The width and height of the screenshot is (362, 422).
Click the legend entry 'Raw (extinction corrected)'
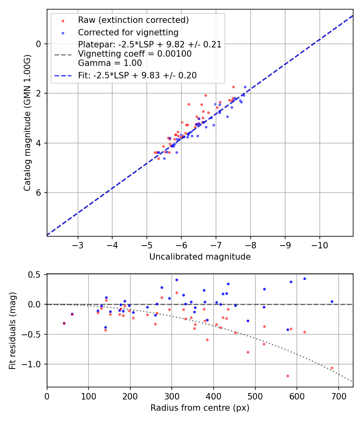(133, 20)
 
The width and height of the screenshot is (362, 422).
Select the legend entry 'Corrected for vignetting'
(128, 32)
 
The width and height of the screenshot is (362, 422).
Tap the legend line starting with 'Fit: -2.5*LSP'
(137, 76)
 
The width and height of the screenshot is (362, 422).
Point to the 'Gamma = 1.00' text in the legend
(110, 63)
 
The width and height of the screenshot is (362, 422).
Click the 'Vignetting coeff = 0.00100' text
(135, 54)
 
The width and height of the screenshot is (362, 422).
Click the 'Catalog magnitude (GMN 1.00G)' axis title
(27, 122)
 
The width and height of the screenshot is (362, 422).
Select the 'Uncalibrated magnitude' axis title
(200, 257)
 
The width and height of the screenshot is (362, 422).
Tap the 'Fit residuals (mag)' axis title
(12, 331)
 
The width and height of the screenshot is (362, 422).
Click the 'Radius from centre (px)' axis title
(200, 408)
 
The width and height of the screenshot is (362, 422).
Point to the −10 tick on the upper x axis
(320, 245)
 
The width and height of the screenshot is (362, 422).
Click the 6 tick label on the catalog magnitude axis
(39, 193)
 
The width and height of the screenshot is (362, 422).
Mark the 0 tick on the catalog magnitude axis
(39, 44)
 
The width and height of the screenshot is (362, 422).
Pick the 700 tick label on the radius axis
(338, 396)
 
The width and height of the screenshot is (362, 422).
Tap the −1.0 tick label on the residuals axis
(34, 364)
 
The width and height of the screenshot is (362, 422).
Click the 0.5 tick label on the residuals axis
(36, 275)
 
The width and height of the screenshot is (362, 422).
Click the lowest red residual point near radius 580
(288, 376)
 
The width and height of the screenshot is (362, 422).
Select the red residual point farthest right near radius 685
(332, 368)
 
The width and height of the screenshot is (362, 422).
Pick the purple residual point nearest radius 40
(64, 323)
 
